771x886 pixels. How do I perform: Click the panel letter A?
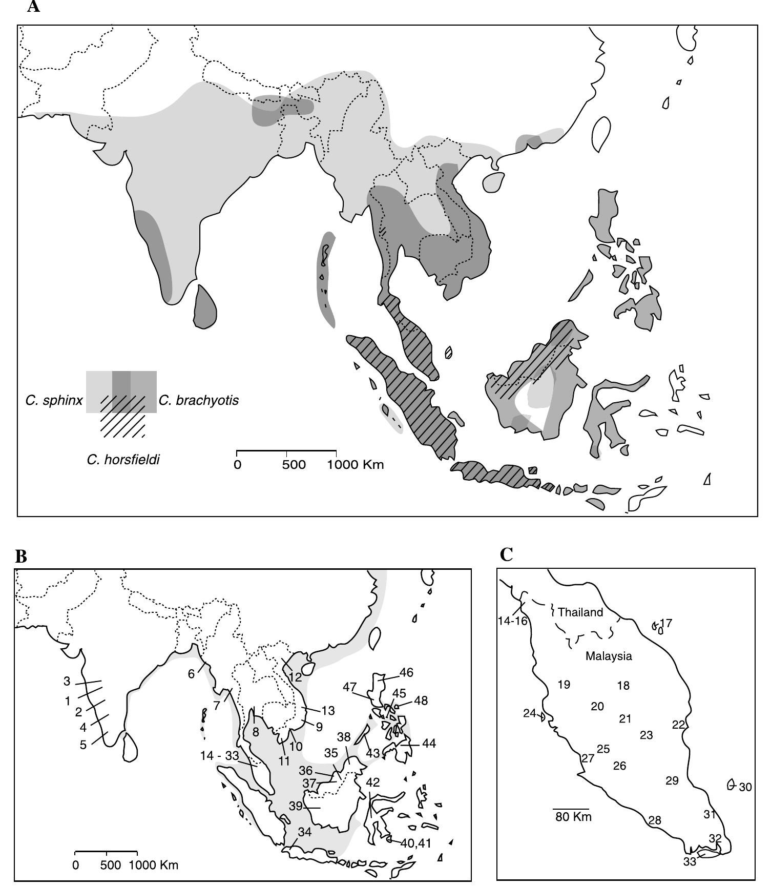pos(33,7)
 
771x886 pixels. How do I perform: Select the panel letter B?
pos(21,557)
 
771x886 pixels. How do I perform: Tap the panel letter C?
pos(506,554)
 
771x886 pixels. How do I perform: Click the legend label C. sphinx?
pos(54,400)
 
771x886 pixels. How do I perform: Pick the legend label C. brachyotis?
pos(199,400)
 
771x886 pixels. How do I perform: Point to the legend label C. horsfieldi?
pos(123,460)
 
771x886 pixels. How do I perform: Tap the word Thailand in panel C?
pos(580,612)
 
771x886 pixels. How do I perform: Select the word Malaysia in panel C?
pos(609,656)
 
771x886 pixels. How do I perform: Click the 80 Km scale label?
pos(573,817)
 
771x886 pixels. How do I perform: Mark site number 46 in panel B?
pos(406,672)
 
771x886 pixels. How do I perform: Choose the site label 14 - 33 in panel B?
pos(219,756)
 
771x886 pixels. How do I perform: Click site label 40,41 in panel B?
pos(415,843)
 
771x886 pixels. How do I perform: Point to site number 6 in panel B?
pos(191,674)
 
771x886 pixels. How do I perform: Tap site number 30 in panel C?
pos(745,787)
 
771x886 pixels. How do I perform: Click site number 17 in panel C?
pos(666,624)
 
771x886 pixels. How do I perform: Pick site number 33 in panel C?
pos(690,862)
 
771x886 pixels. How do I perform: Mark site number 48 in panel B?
pos(421,700)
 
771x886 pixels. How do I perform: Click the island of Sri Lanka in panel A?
pos(205,307)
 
